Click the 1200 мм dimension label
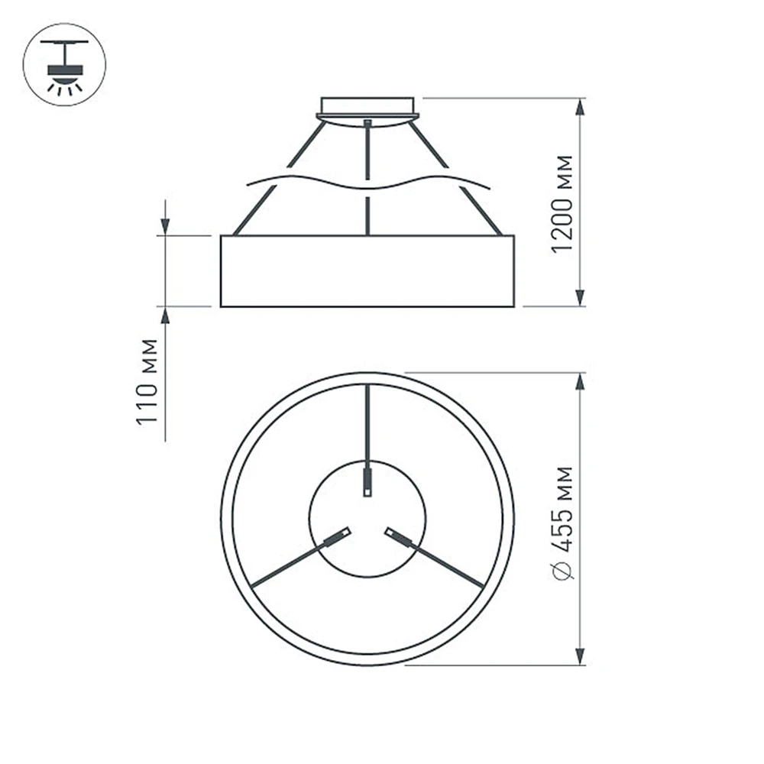(x=562, y=203)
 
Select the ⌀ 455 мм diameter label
(x=562, y=523)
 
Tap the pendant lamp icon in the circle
(x=64, y=65)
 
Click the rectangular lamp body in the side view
(x=367, y=271)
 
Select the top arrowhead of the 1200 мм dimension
(x=581, y=107)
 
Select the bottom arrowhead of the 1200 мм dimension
(x=581, y=297)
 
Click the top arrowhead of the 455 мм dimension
(x=581, y=382)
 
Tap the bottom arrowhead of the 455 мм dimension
(x=581, y=656)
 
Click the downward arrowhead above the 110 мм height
(x=165, y=225)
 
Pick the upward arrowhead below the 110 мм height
(x=165, y=316)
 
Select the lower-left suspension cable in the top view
(x=290, y=566)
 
